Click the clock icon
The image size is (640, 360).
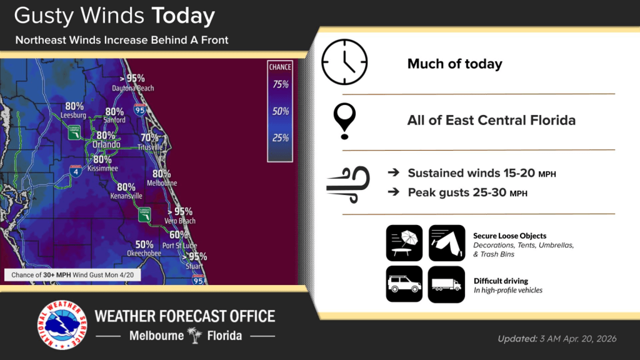click(344, 62)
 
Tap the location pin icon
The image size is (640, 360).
click(344, 121)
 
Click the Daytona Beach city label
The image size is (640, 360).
click(132, 88)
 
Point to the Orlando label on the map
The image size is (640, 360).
click(106, 144)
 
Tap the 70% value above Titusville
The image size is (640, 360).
click(149, 137)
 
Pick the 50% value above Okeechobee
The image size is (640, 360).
click(144, 244)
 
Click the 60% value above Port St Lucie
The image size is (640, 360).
click(178, 235)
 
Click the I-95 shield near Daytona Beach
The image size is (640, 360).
click(139, 109)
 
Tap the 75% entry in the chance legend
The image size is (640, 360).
click(280, 84)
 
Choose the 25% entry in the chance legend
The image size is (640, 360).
click(280, 138)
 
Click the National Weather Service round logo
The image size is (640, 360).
click(62, 324)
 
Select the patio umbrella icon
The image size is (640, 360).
click(404, 242)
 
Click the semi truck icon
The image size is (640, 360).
click(446, 284)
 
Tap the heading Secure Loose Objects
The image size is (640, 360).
click(509, 235)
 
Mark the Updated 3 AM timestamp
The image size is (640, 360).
click(556, 338)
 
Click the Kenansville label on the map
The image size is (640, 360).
click(126, 196)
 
